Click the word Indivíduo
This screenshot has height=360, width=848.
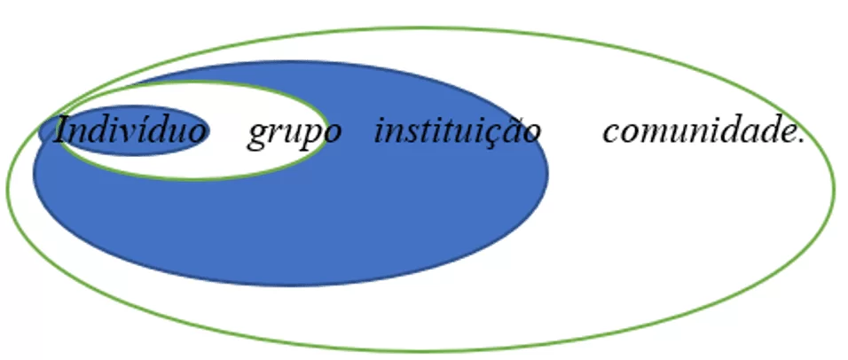click(130, 130)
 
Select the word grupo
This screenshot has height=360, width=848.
click(294, 134)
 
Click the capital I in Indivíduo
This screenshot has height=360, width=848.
click(64, 130)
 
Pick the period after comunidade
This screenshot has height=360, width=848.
click(802, 142)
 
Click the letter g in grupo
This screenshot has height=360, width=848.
click(257, 136)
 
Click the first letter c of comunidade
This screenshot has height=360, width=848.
click(611, 134)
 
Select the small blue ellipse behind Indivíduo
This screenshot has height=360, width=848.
click(124, 130)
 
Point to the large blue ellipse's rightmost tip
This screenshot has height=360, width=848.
click(548, 173)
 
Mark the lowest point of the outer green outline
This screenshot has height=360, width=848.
click(422, 351)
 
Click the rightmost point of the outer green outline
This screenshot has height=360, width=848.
click(835, 189)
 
